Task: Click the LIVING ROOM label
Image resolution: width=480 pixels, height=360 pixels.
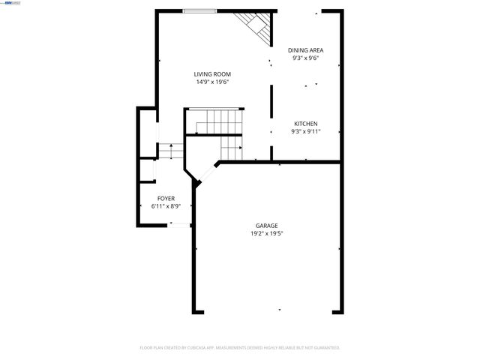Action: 212,74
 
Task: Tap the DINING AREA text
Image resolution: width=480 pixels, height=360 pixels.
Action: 305,50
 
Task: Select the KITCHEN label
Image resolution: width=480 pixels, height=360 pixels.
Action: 305,123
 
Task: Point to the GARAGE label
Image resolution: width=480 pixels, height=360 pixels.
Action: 267,225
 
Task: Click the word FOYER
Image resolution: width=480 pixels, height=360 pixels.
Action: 166,198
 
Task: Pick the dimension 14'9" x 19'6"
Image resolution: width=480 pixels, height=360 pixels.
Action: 212,82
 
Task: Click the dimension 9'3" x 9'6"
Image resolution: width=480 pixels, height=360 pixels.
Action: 305,58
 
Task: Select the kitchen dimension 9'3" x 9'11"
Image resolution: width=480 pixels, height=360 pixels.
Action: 305,131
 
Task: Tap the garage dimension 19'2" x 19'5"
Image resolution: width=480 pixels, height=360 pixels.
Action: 267,233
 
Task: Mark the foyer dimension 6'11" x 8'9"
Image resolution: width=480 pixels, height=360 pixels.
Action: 166,205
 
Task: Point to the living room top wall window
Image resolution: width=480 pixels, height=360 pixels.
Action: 200,10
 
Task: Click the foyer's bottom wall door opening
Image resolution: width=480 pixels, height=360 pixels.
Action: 179,223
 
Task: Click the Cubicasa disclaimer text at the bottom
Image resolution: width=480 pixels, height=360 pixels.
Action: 240,348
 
